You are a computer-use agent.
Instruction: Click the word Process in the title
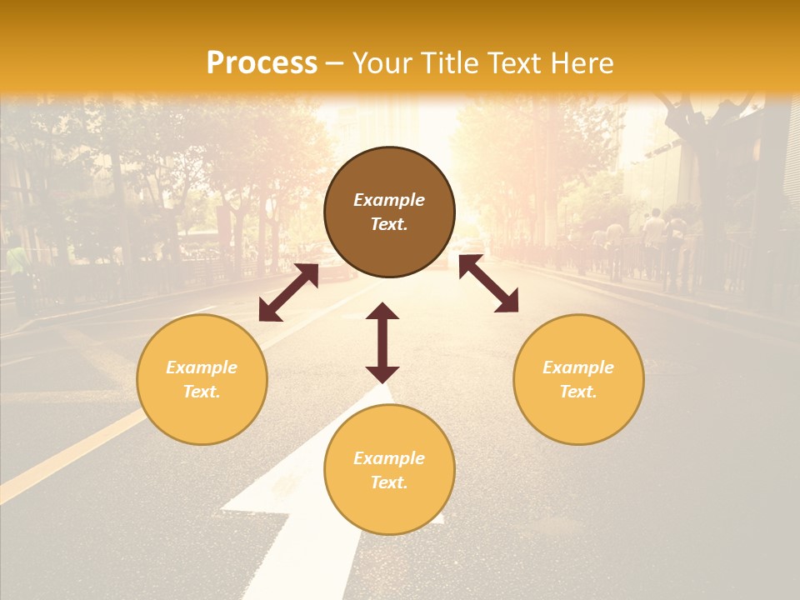click(x=262, y=63)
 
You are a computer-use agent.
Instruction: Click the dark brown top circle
click(x=389, y=212)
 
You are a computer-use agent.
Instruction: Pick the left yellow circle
click(x=202, y=379)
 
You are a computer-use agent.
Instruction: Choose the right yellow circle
click(x=578, y=379)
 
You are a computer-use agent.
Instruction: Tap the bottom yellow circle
click(x=389, y=469)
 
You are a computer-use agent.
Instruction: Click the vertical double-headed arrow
click(x=382, y=342)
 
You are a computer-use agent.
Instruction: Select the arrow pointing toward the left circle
click(x=288, y=292)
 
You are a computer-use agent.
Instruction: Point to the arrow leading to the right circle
click(x=488, y=283)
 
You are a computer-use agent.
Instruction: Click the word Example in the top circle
click(x=389, y=200)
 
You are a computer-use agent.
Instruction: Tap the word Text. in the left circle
click(x=202, y=392)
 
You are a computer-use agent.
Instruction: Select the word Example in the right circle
click(x=578, y=367)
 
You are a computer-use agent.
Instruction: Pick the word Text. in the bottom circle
click(x=389, y=482)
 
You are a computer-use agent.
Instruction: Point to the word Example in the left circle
click(x=202, y=367)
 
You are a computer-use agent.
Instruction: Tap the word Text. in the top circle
click(x=389, y=224)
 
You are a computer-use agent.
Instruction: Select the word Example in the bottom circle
click(x=389, y=458)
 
